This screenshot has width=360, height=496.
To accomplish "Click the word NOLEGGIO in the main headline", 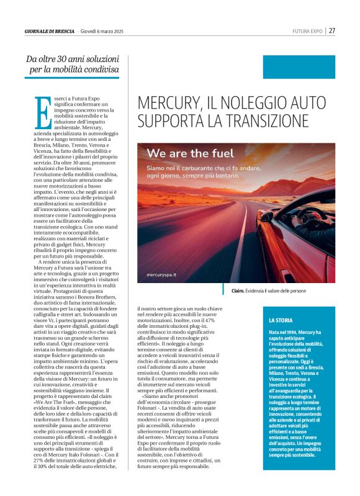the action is (246, 102).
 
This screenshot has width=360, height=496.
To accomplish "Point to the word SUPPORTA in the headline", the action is (172, 119).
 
